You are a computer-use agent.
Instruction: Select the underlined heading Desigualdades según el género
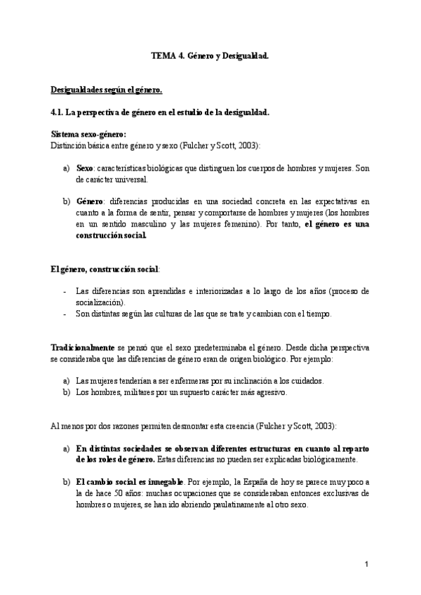(107, 90)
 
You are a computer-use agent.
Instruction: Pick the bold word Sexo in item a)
(84, 168)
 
